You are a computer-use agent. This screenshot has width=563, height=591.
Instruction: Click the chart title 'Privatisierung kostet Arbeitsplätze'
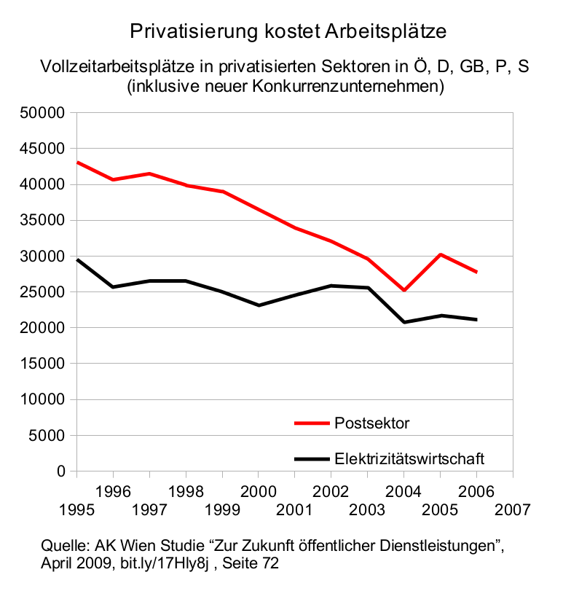point(287,31)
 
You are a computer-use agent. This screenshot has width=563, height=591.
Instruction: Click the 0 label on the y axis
point(62,472)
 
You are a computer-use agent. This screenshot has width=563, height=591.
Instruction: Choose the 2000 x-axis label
point(259,490)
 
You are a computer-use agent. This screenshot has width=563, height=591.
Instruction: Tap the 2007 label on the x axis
point(514,506)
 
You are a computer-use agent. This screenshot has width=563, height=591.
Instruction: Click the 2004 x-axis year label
point(404,490)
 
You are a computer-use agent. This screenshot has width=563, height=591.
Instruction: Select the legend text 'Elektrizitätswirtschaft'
point(409,459)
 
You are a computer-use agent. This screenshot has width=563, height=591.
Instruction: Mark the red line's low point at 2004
point(404,290)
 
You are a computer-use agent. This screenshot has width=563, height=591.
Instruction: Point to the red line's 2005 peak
point(441,254)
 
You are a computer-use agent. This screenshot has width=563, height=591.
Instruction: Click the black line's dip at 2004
point(404,322)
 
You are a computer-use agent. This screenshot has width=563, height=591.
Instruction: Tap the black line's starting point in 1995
point(76,259)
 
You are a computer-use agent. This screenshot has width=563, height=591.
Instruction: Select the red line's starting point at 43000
point(76,163)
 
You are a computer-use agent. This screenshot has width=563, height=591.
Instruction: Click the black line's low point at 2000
point(259,305)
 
